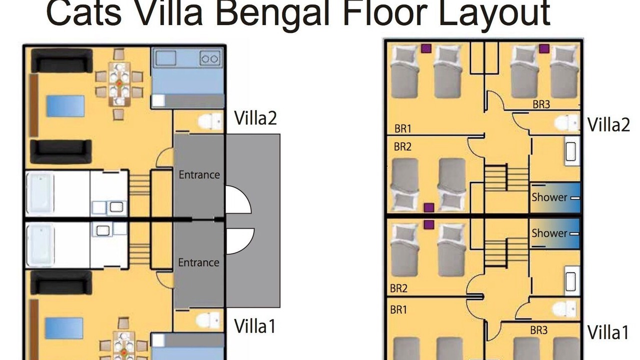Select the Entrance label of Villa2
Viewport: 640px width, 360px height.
[199, 174]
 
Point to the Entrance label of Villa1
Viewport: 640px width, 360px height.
[198, 262]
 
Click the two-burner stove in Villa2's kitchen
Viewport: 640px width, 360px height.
[210, 59]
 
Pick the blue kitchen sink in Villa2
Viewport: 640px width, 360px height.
[165, 58]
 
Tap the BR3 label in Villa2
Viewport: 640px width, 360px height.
[541, 104]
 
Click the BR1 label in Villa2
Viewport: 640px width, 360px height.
[403, 128]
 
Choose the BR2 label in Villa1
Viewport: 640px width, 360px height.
[398, 288]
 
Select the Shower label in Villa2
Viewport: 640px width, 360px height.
[549, 197]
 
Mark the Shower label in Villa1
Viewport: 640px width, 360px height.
[549, 233]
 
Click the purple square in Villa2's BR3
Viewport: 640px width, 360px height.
[544, 48]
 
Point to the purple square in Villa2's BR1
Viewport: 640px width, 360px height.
[426, 48]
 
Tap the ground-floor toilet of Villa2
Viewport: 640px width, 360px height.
[210, 121]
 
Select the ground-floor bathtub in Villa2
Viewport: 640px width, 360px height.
[40, 194]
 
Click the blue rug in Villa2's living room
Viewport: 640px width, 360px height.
[65, 106]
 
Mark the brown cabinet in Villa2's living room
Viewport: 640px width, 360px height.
[34, 105]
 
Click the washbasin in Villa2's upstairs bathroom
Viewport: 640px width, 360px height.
[571, 151]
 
